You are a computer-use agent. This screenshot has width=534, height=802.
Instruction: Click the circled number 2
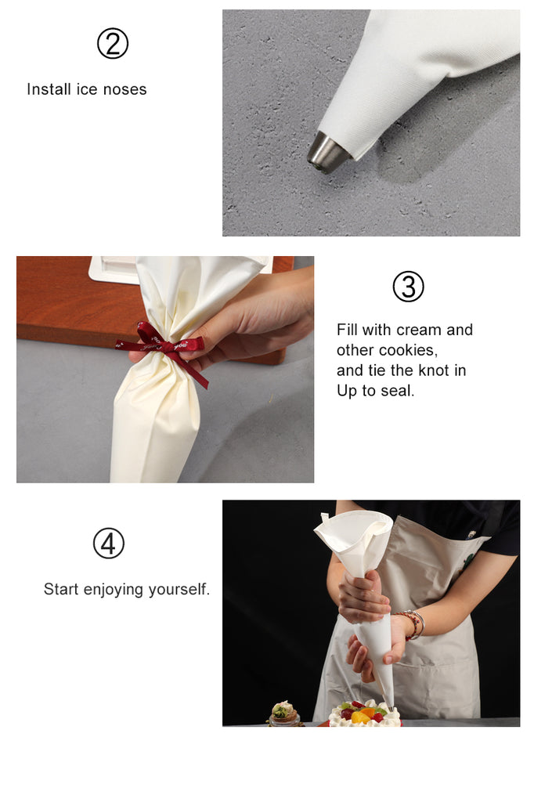[113, 44]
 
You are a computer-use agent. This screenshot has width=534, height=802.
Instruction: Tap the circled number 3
[408, 287]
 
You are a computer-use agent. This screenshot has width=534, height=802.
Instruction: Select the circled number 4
[108, 544]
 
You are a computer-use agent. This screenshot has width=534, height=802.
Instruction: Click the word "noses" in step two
[124, 89]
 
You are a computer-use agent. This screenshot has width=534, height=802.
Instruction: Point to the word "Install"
[49, 89]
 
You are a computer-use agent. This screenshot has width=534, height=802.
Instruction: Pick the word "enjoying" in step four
[114, 590]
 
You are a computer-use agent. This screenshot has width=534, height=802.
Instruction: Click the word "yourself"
[179, 589]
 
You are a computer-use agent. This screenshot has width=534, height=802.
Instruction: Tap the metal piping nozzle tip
[327, 153]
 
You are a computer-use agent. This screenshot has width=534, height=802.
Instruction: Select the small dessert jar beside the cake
[284, 714]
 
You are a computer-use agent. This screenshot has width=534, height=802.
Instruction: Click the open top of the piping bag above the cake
[353, 532]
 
